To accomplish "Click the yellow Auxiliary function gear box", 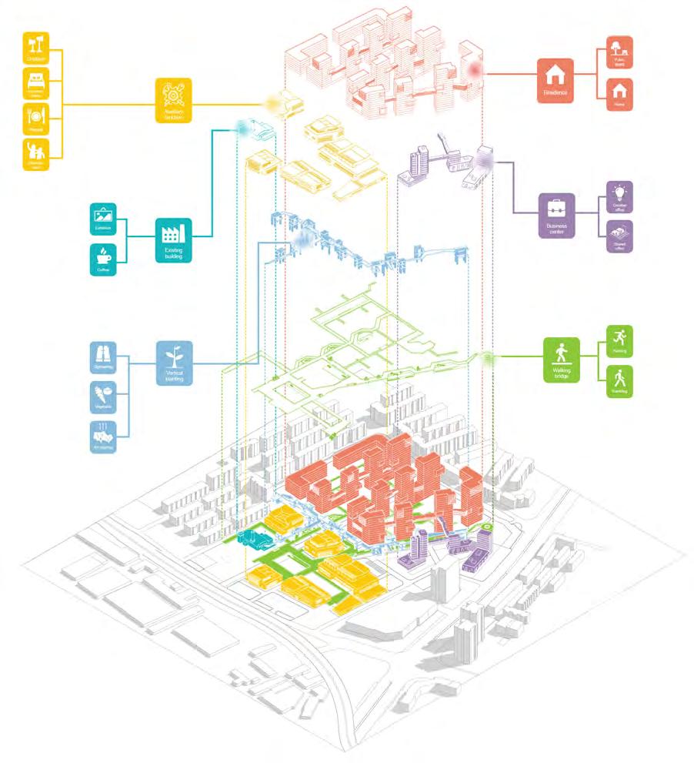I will click(172, 99).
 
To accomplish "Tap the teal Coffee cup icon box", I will click(103, 260).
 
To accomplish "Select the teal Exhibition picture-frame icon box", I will click(103, 218).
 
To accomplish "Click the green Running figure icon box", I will click(619, 339).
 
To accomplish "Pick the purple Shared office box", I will click(619, 235).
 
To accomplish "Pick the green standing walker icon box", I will click(619, 380).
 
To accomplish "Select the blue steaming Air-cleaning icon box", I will click(103, 437).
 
